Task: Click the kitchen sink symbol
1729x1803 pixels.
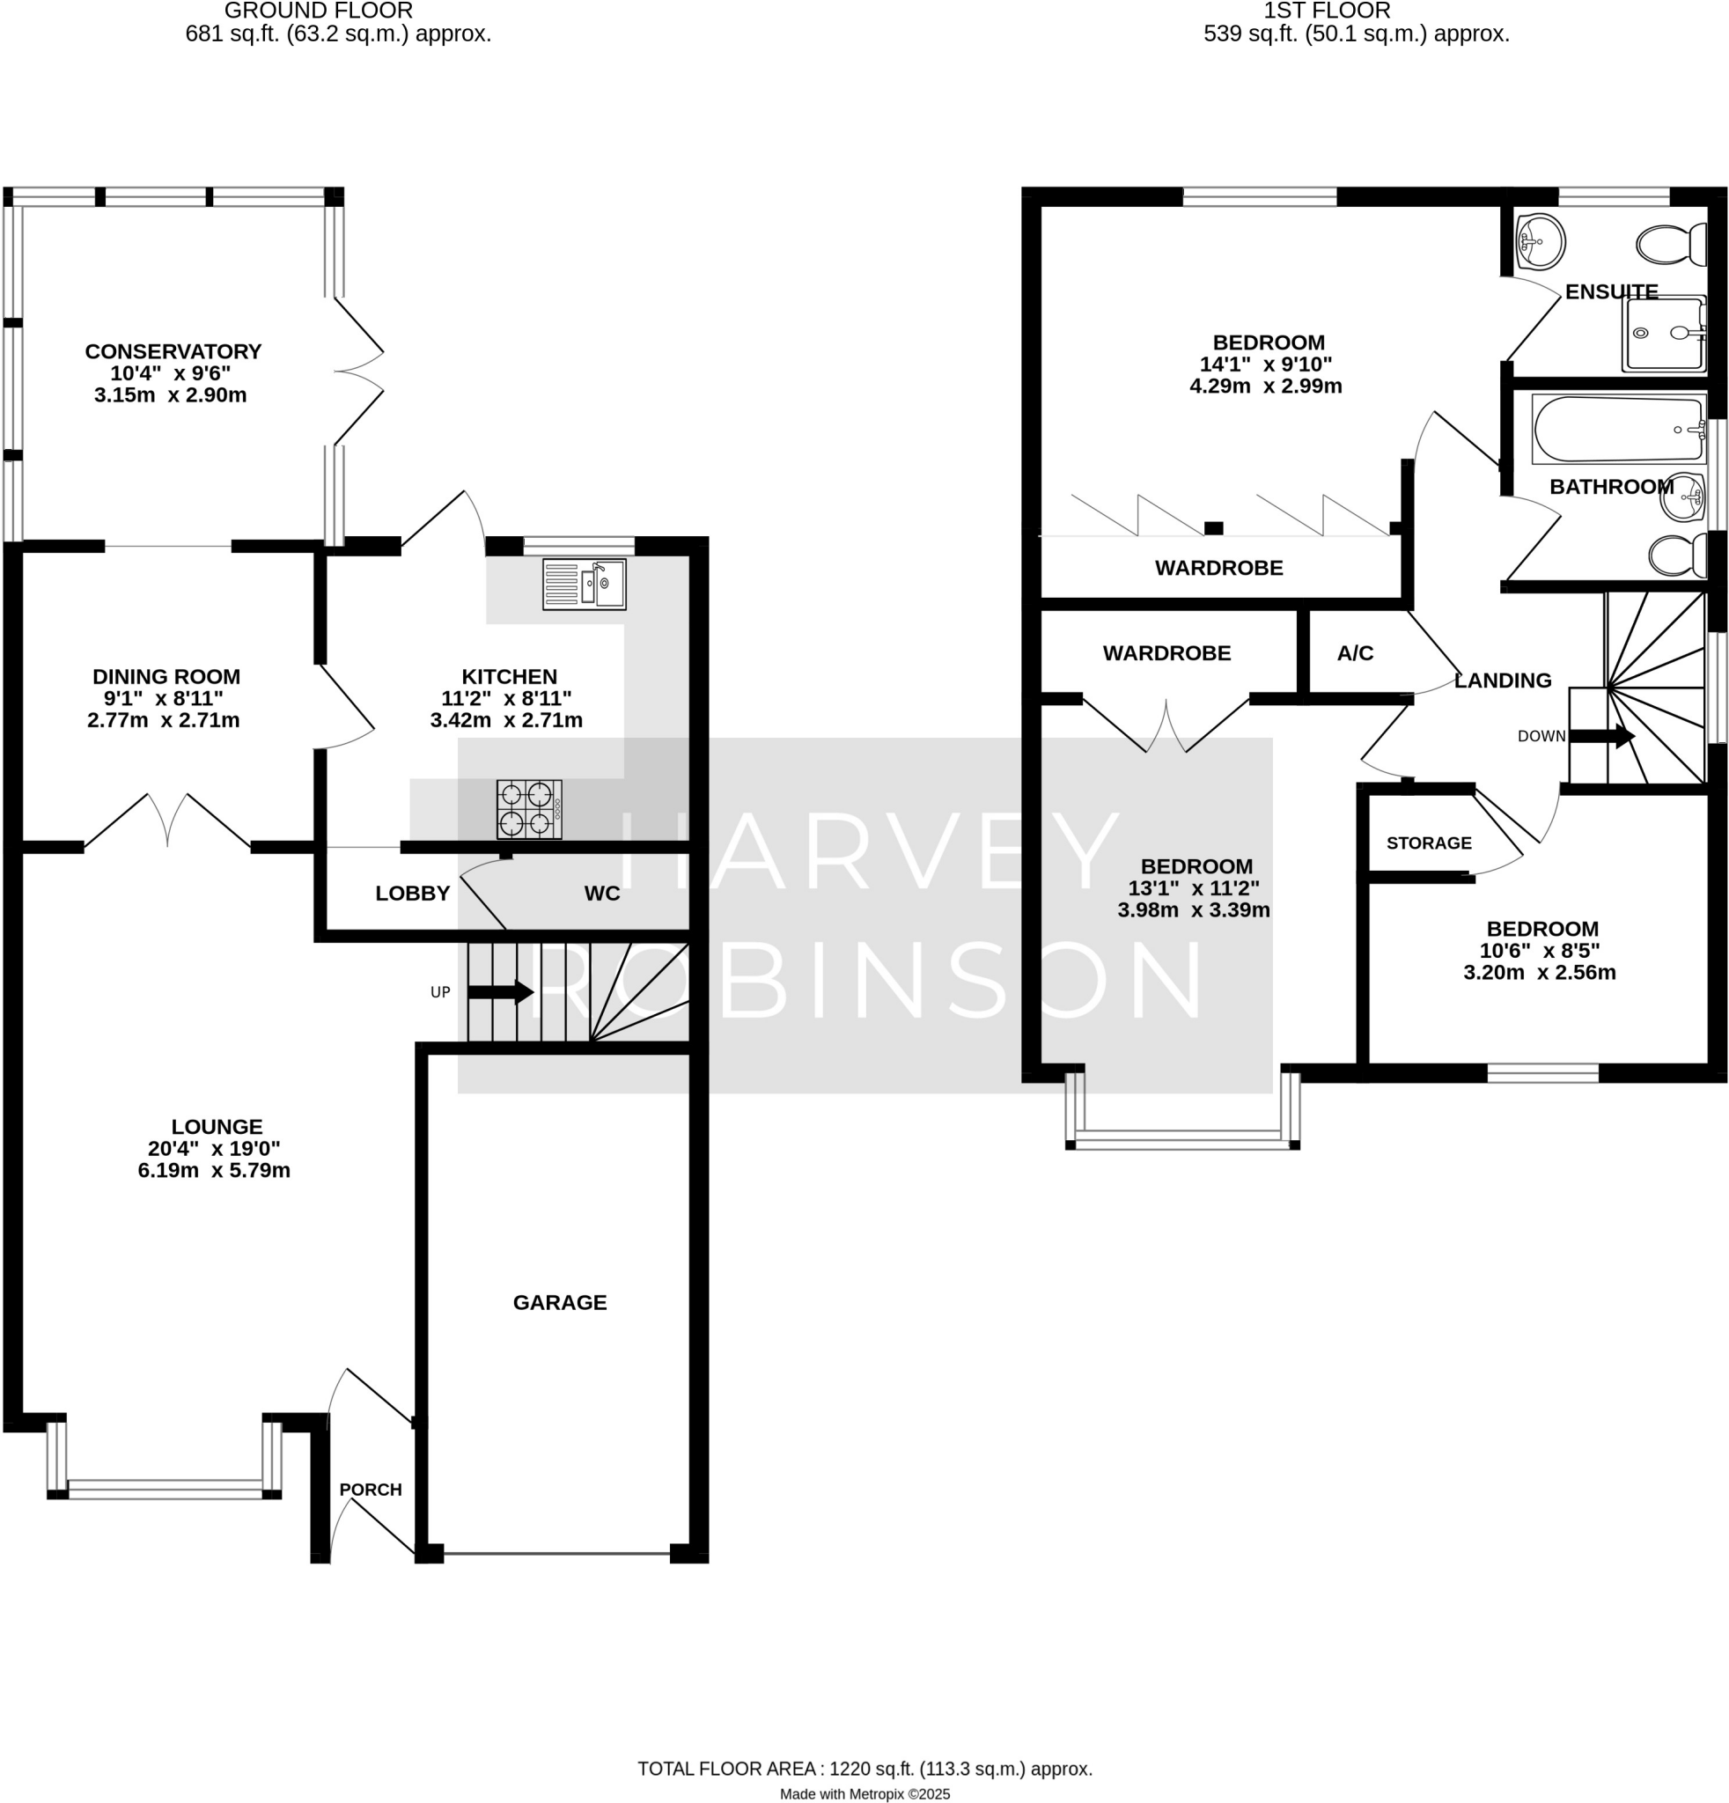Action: click(584, 585)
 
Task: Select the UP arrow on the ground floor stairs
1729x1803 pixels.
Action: click(500, 991)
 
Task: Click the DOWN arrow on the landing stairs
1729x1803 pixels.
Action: click(1601, 736)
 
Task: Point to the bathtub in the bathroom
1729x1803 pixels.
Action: click(1618, 430)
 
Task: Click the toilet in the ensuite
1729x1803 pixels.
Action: click(1671, 245)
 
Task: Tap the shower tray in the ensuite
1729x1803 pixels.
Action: click(1663, 334)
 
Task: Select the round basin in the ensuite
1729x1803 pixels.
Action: click(1540, 241)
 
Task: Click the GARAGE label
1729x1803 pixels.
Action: click(559, 1303)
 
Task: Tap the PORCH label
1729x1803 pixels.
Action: click(371, 1490)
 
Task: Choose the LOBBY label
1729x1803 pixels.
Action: click(412, 894)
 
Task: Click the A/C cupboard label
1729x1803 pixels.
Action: click(1355, 653)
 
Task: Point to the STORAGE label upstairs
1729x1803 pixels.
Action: click(1428, 843)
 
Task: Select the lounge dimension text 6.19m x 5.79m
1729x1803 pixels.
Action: click(214, 1170)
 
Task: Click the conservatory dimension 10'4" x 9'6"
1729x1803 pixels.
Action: click(171, 373)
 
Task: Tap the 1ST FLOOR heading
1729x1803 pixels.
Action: click(1326, 11)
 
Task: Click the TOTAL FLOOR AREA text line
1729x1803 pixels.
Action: click(864, 1768)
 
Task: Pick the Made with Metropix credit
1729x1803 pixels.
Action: click(864, 1794)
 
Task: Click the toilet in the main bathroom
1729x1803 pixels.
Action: click(1677, 555)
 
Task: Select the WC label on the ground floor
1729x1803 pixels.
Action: click(601, 894)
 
